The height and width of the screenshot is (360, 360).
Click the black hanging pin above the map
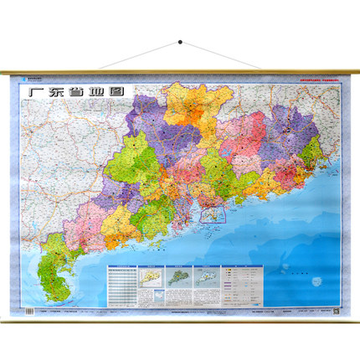pyautogui.click(x=180, y=40)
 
